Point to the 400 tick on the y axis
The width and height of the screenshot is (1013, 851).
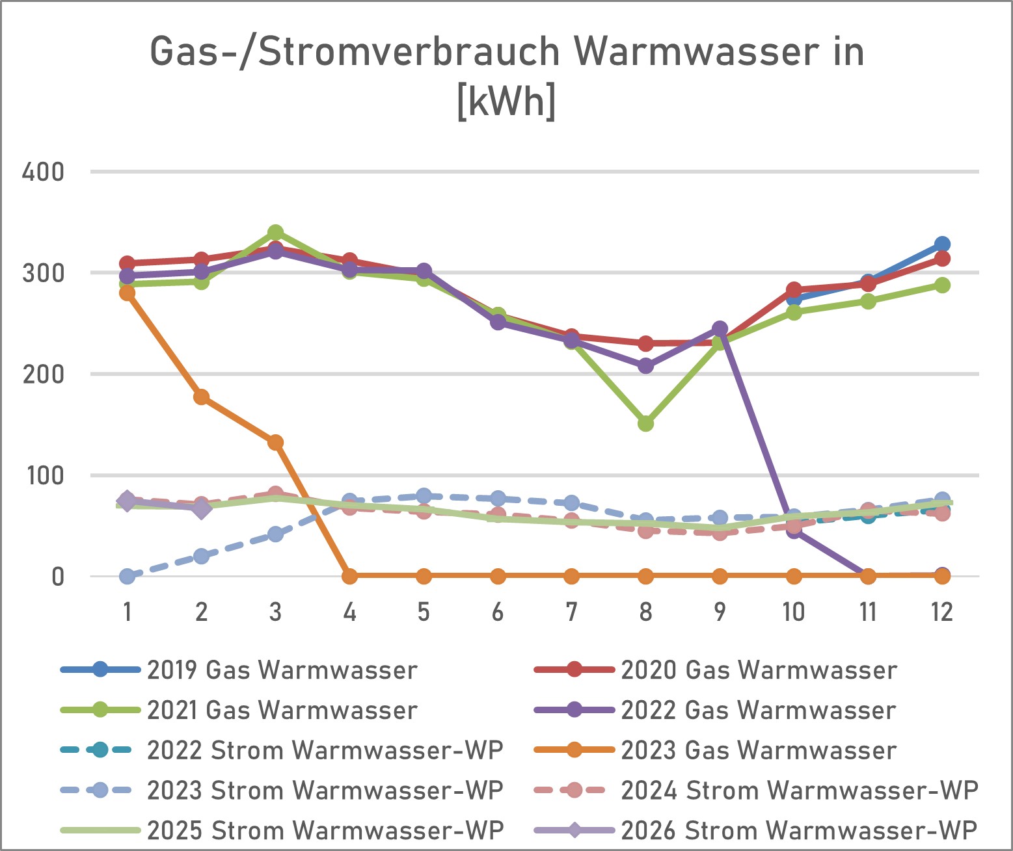(43, 172)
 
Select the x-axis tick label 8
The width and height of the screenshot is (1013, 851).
(645, 612)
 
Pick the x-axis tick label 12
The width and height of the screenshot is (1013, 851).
(941, 612)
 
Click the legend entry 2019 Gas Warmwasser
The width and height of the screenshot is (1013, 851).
(282, 670)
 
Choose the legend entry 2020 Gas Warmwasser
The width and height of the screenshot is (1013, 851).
(759, 670)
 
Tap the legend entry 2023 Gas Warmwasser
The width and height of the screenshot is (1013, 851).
(759, 751)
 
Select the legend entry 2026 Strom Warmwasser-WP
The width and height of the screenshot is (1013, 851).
(798, 831)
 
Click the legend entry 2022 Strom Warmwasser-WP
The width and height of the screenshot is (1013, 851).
(325, 751)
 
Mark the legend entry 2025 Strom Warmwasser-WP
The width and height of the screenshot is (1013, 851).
(325, 831)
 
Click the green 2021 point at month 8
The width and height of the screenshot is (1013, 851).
(645, 424)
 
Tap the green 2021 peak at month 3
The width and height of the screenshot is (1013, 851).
(275, 233)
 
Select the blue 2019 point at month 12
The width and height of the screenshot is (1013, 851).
(941, 244)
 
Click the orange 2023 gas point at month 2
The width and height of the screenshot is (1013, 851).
(201, 397)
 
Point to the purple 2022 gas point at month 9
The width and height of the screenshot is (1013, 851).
(720, 329)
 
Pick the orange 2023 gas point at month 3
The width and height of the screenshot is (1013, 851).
(275, 443)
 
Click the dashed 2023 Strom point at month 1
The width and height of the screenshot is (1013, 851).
(128, 576)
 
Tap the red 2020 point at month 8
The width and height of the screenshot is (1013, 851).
(645, 343)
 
